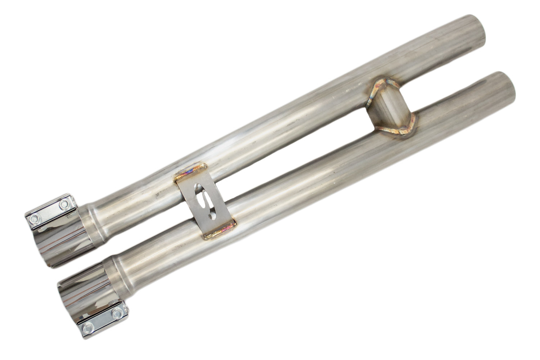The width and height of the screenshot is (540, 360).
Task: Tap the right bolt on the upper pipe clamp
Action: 64,205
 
